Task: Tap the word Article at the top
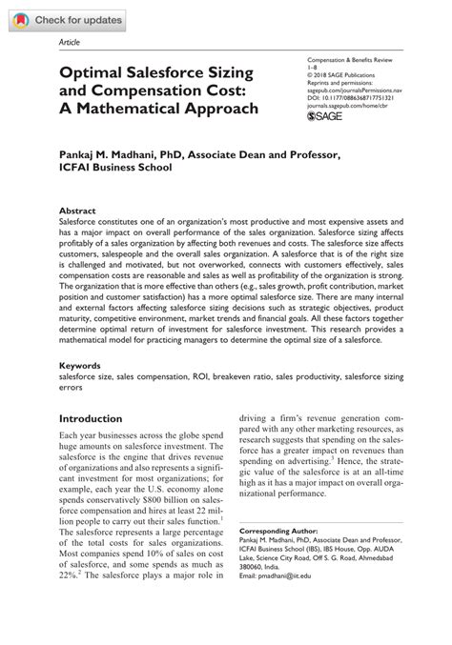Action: pyautogui.click(x=70, y=45)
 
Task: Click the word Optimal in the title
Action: pyautogui.click(x=93, y=70)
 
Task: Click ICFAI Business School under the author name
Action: pyautogui.click(x=116, y=167)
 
